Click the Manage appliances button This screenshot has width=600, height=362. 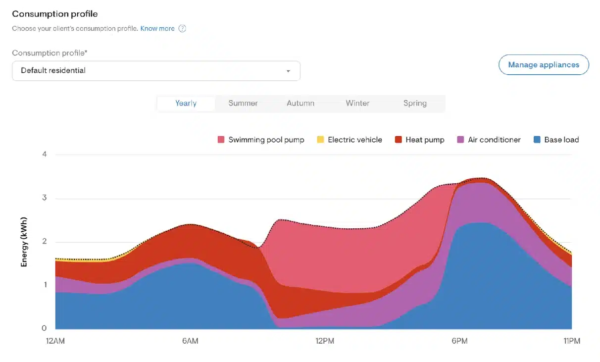coord(543,65)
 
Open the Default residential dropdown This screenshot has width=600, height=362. coord(156,71)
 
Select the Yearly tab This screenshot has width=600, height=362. coord(186,103)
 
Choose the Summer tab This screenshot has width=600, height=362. coord(243,103)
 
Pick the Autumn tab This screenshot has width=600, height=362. coord(300,103)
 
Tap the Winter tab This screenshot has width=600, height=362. coord(357,103)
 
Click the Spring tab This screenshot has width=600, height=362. coord(415,103)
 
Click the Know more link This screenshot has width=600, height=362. coord(157,29)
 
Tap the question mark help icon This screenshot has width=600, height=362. coord(182,29)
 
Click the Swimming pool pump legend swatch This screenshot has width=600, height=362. coord(221,140)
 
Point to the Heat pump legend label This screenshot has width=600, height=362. coord(425,140)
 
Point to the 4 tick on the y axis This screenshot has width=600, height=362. coord(45,155)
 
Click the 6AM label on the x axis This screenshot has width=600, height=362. coord(190,341)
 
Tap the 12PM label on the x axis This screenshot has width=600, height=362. coord(325,341)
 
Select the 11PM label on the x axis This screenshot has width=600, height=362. coord(571,341)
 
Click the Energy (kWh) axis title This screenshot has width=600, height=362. coord(24,242)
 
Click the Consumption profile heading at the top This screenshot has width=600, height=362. coord(54,14)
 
